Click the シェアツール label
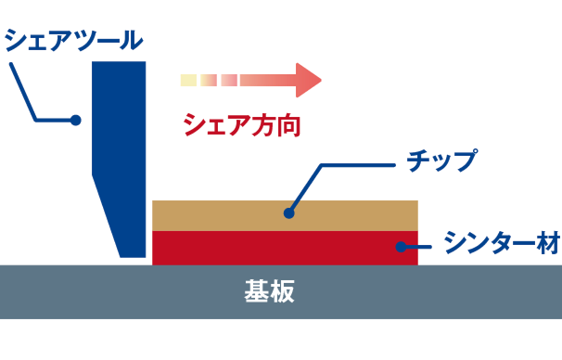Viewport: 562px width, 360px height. pyautogui.click(x=74, y=40)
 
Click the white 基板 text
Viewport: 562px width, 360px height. pyautogui.click(x=270, y=291)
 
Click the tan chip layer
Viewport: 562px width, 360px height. pyautogui.click(x=352, y=215)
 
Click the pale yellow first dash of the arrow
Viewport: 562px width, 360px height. pyautogui.click(x=188, y=80)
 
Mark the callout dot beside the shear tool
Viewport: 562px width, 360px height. pyautogui.click(x=76, y=120)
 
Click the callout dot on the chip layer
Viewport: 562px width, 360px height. pyautogui.click(x=288, y=212)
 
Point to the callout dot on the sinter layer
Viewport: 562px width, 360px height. pyautogui.click(x=402, y=246)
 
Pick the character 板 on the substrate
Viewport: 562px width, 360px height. pyautogui.click(x=283, y=291)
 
